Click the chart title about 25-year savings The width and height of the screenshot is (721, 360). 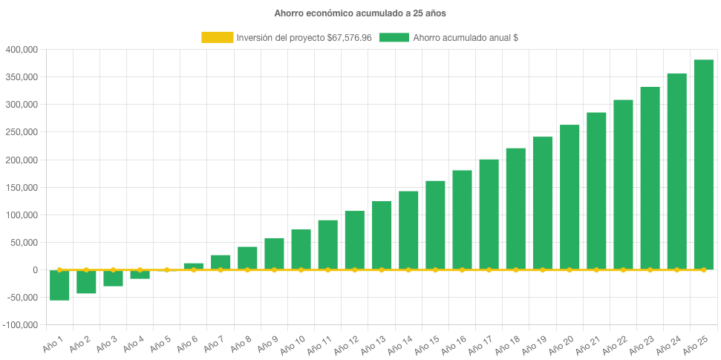360,13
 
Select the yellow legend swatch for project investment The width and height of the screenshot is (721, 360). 217,37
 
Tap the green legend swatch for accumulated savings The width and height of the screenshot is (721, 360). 394,37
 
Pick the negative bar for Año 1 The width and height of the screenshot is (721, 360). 59,285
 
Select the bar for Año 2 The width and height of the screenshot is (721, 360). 86,282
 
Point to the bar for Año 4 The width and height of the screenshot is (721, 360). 140,275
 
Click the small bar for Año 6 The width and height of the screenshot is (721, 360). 194,266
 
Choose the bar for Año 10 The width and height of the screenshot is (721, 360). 301,249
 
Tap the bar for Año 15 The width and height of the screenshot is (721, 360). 435,225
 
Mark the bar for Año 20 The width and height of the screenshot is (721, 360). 570,197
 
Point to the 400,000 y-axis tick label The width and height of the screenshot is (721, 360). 22,50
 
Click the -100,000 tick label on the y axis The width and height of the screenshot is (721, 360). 20,325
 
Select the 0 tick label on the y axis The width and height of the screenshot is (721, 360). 35,270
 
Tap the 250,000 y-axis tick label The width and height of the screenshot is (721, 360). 22,132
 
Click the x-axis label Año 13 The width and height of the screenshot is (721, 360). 372,344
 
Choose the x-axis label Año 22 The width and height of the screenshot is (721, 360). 613,344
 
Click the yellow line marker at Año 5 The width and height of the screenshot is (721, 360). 167,270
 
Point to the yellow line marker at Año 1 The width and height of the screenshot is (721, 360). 59,270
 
